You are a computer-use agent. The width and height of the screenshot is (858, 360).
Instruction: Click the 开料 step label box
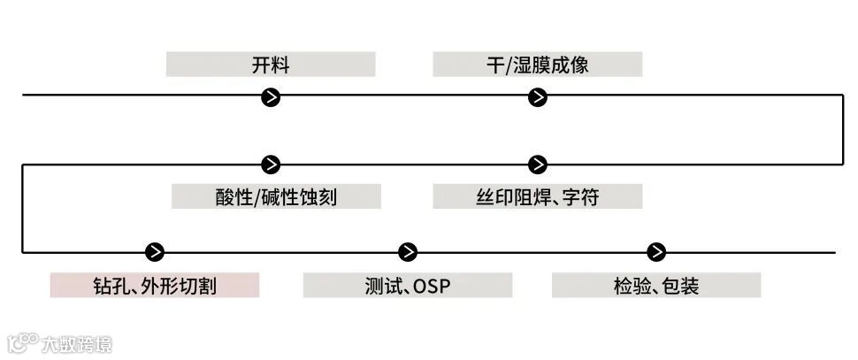(271, 65)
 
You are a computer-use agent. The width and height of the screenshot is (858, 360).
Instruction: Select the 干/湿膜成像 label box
(537, 65)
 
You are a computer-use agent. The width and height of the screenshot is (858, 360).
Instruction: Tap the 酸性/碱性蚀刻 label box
(276, 196)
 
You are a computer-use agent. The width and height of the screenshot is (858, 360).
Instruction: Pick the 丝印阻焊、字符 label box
(537, 196)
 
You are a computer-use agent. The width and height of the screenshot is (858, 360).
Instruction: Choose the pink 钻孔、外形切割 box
(155, 286)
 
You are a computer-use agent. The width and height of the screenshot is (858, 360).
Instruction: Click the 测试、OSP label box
(407, 286)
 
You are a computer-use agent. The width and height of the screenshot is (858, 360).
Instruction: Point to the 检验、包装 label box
(655, 286)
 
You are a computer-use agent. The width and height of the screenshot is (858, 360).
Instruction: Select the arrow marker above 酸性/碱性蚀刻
(272, 165)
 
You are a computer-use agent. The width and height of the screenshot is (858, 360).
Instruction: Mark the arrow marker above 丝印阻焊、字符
(537, 165)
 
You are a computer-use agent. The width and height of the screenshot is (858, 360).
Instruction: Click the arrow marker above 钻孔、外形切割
(155, 252)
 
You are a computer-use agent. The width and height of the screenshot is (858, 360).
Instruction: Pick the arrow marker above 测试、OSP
(407, 252)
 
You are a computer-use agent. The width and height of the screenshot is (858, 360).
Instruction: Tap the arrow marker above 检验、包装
(655, 252)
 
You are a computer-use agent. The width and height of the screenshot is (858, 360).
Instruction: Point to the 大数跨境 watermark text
(77, 343)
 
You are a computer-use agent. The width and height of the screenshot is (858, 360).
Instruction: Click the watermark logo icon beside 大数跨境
(22, 341)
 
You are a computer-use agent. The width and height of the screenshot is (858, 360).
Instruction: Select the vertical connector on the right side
(842, 130)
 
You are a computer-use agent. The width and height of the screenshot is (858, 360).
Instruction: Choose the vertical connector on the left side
(23, 208)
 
